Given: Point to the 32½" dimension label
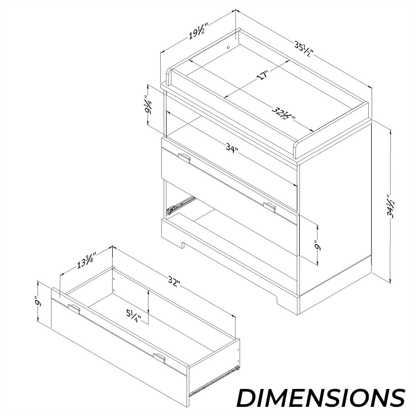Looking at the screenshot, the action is tap(283, 113).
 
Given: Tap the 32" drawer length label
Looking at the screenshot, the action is tap(174, 282).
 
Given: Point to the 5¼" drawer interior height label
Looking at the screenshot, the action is tap(134, 315).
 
